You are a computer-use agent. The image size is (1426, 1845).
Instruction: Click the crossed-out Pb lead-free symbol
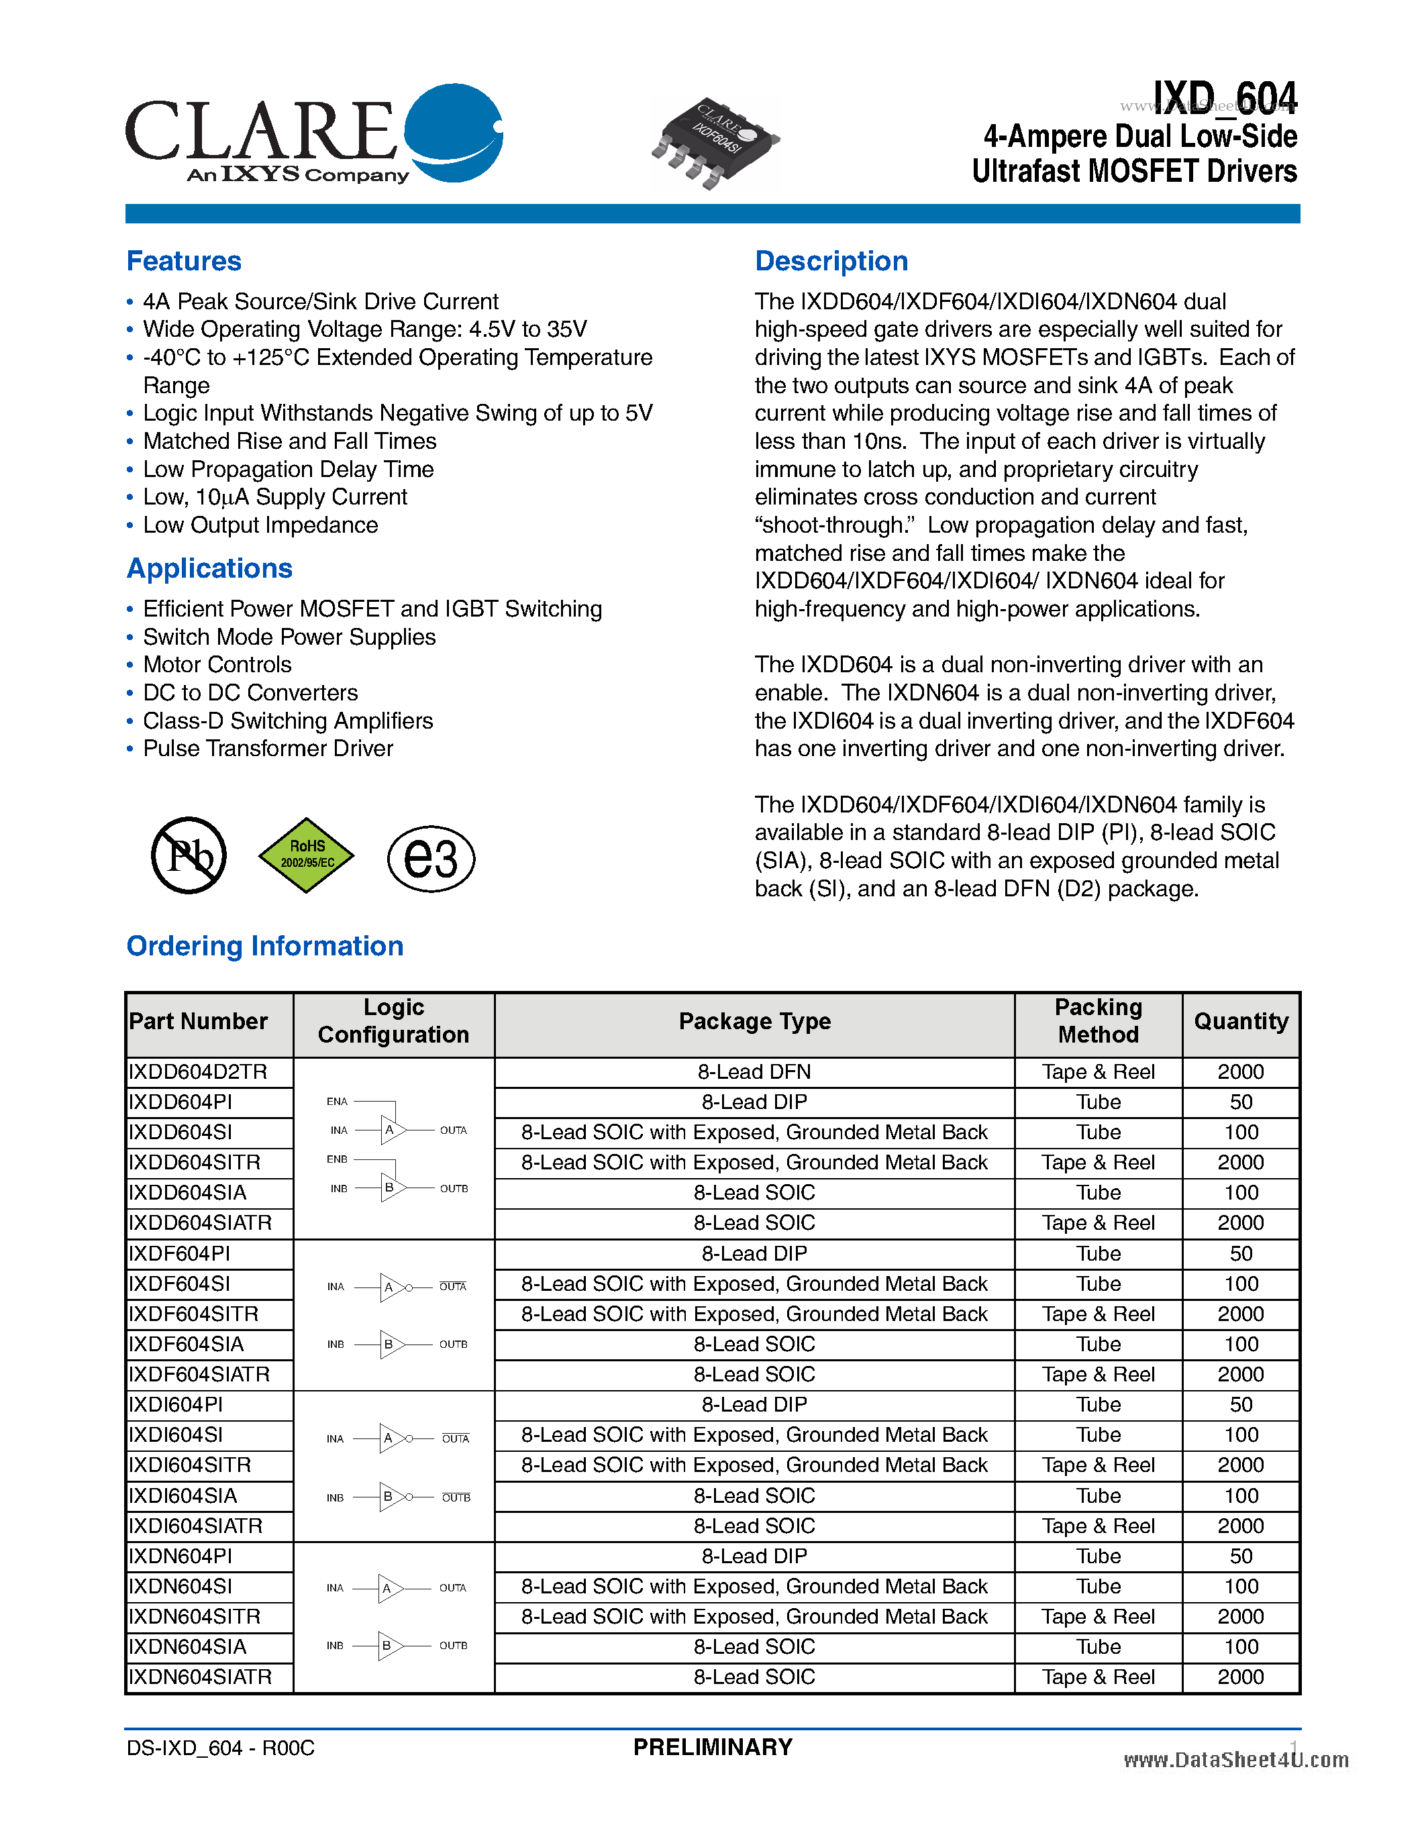coord(189,855)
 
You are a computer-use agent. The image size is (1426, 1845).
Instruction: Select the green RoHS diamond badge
coord(306,855)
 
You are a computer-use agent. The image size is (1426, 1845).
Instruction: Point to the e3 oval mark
coord(431,858)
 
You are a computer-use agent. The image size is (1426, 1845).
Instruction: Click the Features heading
coord(184,261)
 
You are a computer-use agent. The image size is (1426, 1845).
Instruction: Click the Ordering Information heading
coord(264,945)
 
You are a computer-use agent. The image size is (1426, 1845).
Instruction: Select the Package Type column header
coord(754,1021)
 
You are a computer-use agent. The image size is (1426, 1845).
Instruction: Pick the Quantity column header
coord(1240,1021)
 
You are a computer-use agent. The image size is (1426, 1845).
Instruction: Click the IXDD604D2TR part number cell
coord(199,1072)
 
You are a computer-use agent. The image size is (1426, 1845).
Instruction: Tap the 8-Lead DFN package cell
coord(754,1072)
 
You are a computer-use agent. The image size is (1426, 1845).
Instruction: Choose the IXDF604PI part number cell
coord(180,1254)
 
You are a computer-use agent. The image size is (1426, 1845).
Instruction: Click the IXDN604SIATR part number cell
coord(200,1677)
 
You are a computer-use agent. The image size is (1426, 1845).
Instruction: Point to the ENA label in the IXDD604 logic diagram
coord(337,1102)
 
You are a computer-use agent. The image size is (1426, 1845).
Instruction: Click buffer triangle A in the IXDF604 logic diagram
coord(391,1287)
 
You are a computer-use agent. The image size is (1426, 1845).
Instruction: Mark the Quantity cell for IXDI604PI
coord(1240,1405)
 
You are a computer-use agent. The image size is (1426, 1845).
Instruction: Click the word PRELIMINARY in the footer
coord(713,1747)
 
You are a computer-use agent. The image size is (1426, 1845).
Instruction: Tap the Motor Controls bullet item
coord(217,665)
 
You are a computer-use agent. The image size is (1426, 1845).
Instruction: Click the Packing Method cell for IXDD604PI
coord(1099,1102)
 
